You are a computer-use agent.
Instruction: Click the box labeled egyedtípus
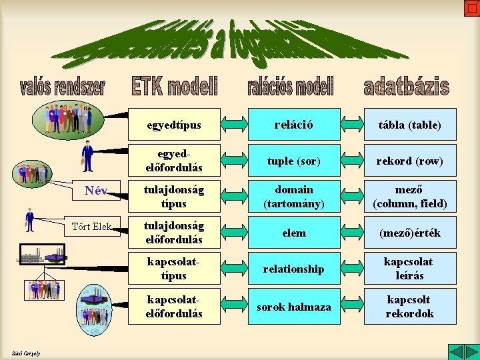tap(174, 125)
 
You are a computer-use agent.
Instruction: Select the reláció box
tap(294, 125)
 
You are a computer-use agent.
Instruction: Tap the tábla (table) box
tap(410, 125)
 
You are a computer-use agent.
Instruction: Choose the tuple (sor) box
tap(294, 161)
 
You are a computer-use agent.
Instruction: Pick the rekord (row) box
tap(410, 161)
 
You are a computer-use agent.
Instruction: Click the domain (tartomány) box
tap(294, 197)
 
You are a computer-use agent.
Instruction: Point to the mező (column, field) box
tap(410, 197)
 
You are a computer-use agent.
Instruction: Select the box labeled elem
tap(294, 233)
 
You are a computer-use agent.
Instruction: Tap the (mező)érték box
tap(410, 233)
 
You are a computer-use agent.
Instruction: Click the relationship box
tap(294, 269)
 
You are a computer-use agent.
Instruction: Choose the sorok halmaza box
tap(294, 307)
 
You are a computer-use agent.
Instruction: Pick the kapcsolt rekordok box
tap(410, 307)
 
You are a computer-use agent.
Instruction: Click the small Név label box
tap(97, 191)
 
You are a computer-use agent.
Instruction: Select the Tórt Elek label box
tap(97, 226)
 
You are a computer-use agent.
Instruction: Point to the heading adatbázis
tap(406, 87)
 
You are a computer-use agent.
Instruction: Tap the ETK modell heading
tap(175, 87)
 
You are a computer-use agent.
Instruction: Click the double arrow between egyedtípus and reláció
tap(234, 125)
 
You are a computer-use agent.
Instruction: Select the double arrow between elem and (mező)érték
tap(351, 233)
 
